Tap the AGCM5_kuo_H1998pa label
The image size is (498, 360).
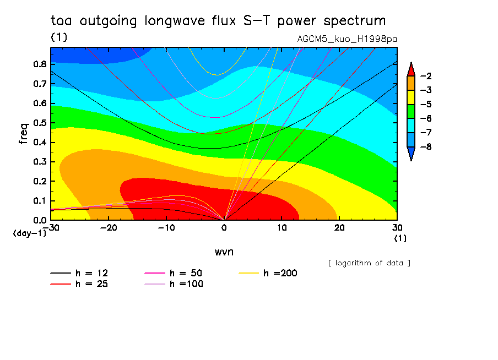click(x=347, y=39)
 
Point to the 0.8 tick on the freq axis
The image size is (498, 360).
click(x=40, y=63)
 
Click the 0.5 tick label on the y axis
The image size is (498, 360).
click(x=40, y=122)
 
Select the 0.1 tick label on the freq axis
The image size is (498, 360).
click(x=40, y=200)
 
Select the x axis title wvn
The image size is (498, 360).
click(x=223, y=252)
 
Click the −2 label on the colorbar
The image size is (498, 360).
click(x=425, y=76)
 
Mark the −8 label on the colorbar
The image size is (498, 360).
click(x=425, y=147)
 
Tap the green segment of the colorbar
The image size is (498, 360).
click(x=410, y=111)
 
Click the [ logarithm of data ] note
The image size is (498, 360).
click(x=369, y=263)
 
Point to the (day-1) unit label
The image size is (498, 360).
click(x=30, y=233)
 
